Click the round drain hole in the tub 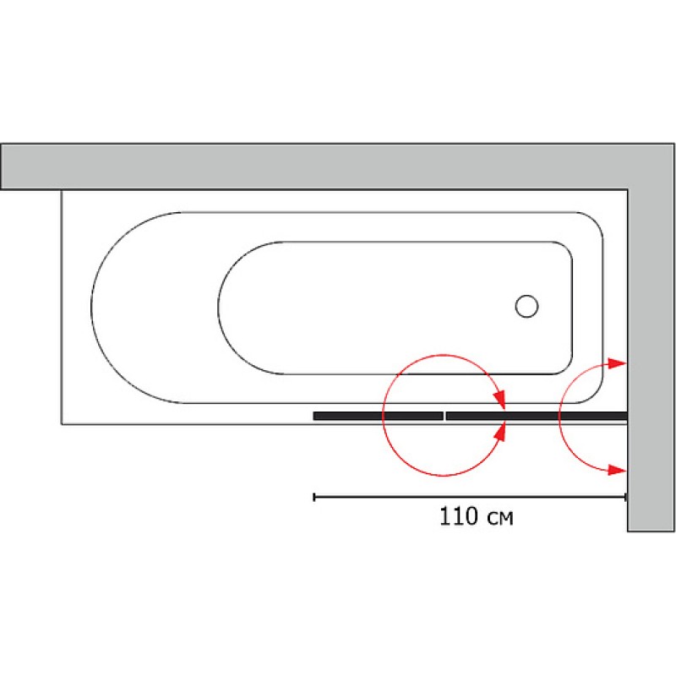pos(527,306)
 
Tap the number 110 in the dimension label pos(457,516)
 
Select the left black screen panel pos(378,416)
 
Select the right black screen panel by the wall pos(536,416)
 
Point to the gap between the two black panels pos(444,416)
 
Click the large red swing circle pos(384,414)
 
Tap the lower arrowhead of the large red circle pos(501,433)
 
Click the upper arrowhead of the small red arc pos(620,363)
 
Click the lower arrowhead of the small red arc pos(620,470)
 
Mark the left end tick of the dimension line pos(314,498)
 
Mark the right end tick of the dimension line pos(626,498)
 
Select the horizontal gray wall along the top pos(321,166)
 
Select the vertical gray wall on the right pos(651,355)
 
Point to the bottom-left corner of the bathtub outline pos(62,423)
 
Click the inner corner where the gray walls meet pos(628,190)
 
